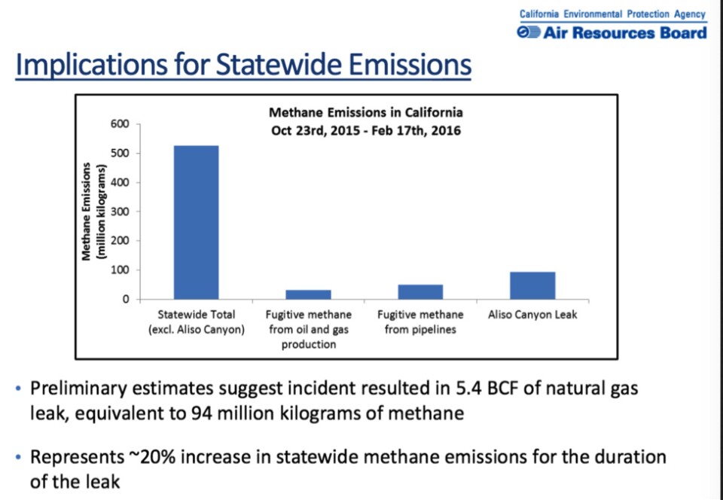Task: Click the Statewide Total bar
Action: [x=196, y=222]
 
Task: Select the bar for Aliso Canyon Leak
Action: [x=532, y=285]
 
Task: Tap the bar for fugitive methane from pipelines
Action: [x=420, y=291]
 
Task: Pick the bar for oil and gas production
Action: [x=308, y=294]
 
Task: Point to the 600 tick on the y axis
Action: [x=120, y=124]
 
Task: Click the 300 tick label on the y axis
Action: [x=120, y=212]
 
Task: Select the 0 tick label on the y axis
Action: [x=125, y=299]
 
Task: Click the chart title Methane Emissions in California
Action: [x=366, y=113]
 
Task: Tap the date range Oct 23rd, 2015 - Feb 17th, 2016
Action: [x=366, y=130]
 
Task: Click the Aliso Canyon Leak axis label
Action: [x=532, y=314]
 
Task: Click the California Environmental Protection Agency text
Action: [x=612, y=14]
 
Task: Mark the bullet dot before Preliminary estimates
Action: [x=19, y=389]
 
